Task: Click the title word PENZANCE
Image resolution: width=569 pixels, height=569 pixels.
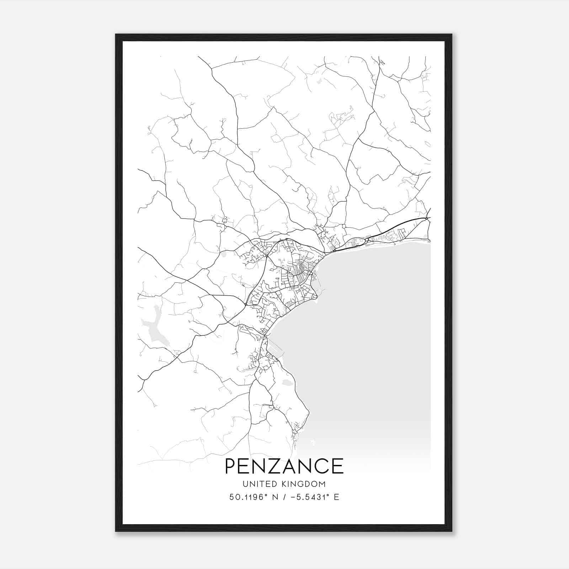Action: [x=284, y=466]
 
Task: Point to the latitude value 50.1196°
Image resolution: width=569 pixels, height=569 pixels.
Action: [x=248, y=497]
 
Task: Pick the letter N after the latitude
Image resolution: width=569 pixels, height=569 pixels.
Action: [x=275, y=497]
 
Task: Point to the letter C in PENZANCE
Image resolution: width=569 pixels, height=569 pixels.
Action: [x=322, y=466]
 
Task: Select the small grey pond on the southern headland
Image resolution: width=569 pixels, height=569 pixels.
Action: [x=287, y=383]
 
